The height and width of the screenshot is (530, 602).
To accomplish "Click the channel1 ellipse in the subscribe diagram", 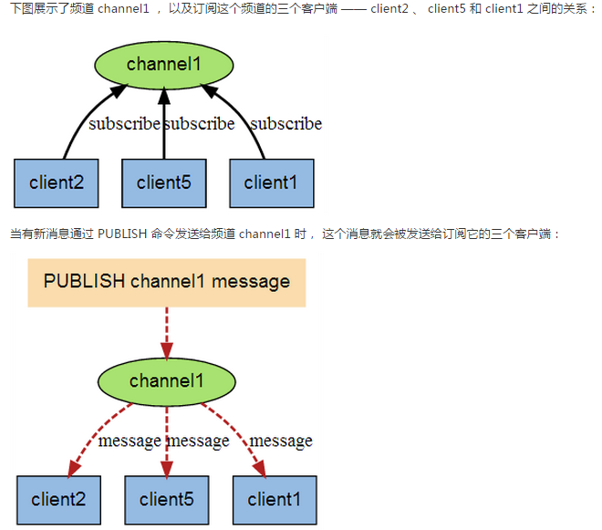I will coord(163,64).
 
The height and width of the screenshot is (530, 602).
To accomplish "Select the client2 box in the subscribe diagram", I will coord(57,182).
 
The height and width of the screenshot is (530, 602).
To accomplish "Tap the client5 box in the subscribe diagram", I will coord(164,182).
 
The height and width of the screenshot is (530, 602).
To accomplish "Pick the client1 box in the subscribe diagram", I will coord(271,182).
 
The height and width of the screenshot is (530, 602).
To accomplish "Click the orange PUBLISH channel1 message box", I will coord(166,282).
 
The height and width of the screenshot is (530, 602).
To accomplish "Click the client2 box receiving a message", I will coord(59,499).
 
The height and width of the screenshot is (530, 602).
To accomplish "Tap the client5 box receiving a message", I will coord(166,499).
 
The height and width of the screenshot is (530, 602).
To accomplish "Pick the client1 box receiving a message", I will coord(274,499).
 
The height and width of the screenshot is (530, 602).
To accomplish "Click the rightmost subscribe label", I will coord(285,123).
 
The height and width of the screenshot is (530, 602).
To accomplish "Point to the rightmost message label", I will coord(281,442).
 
